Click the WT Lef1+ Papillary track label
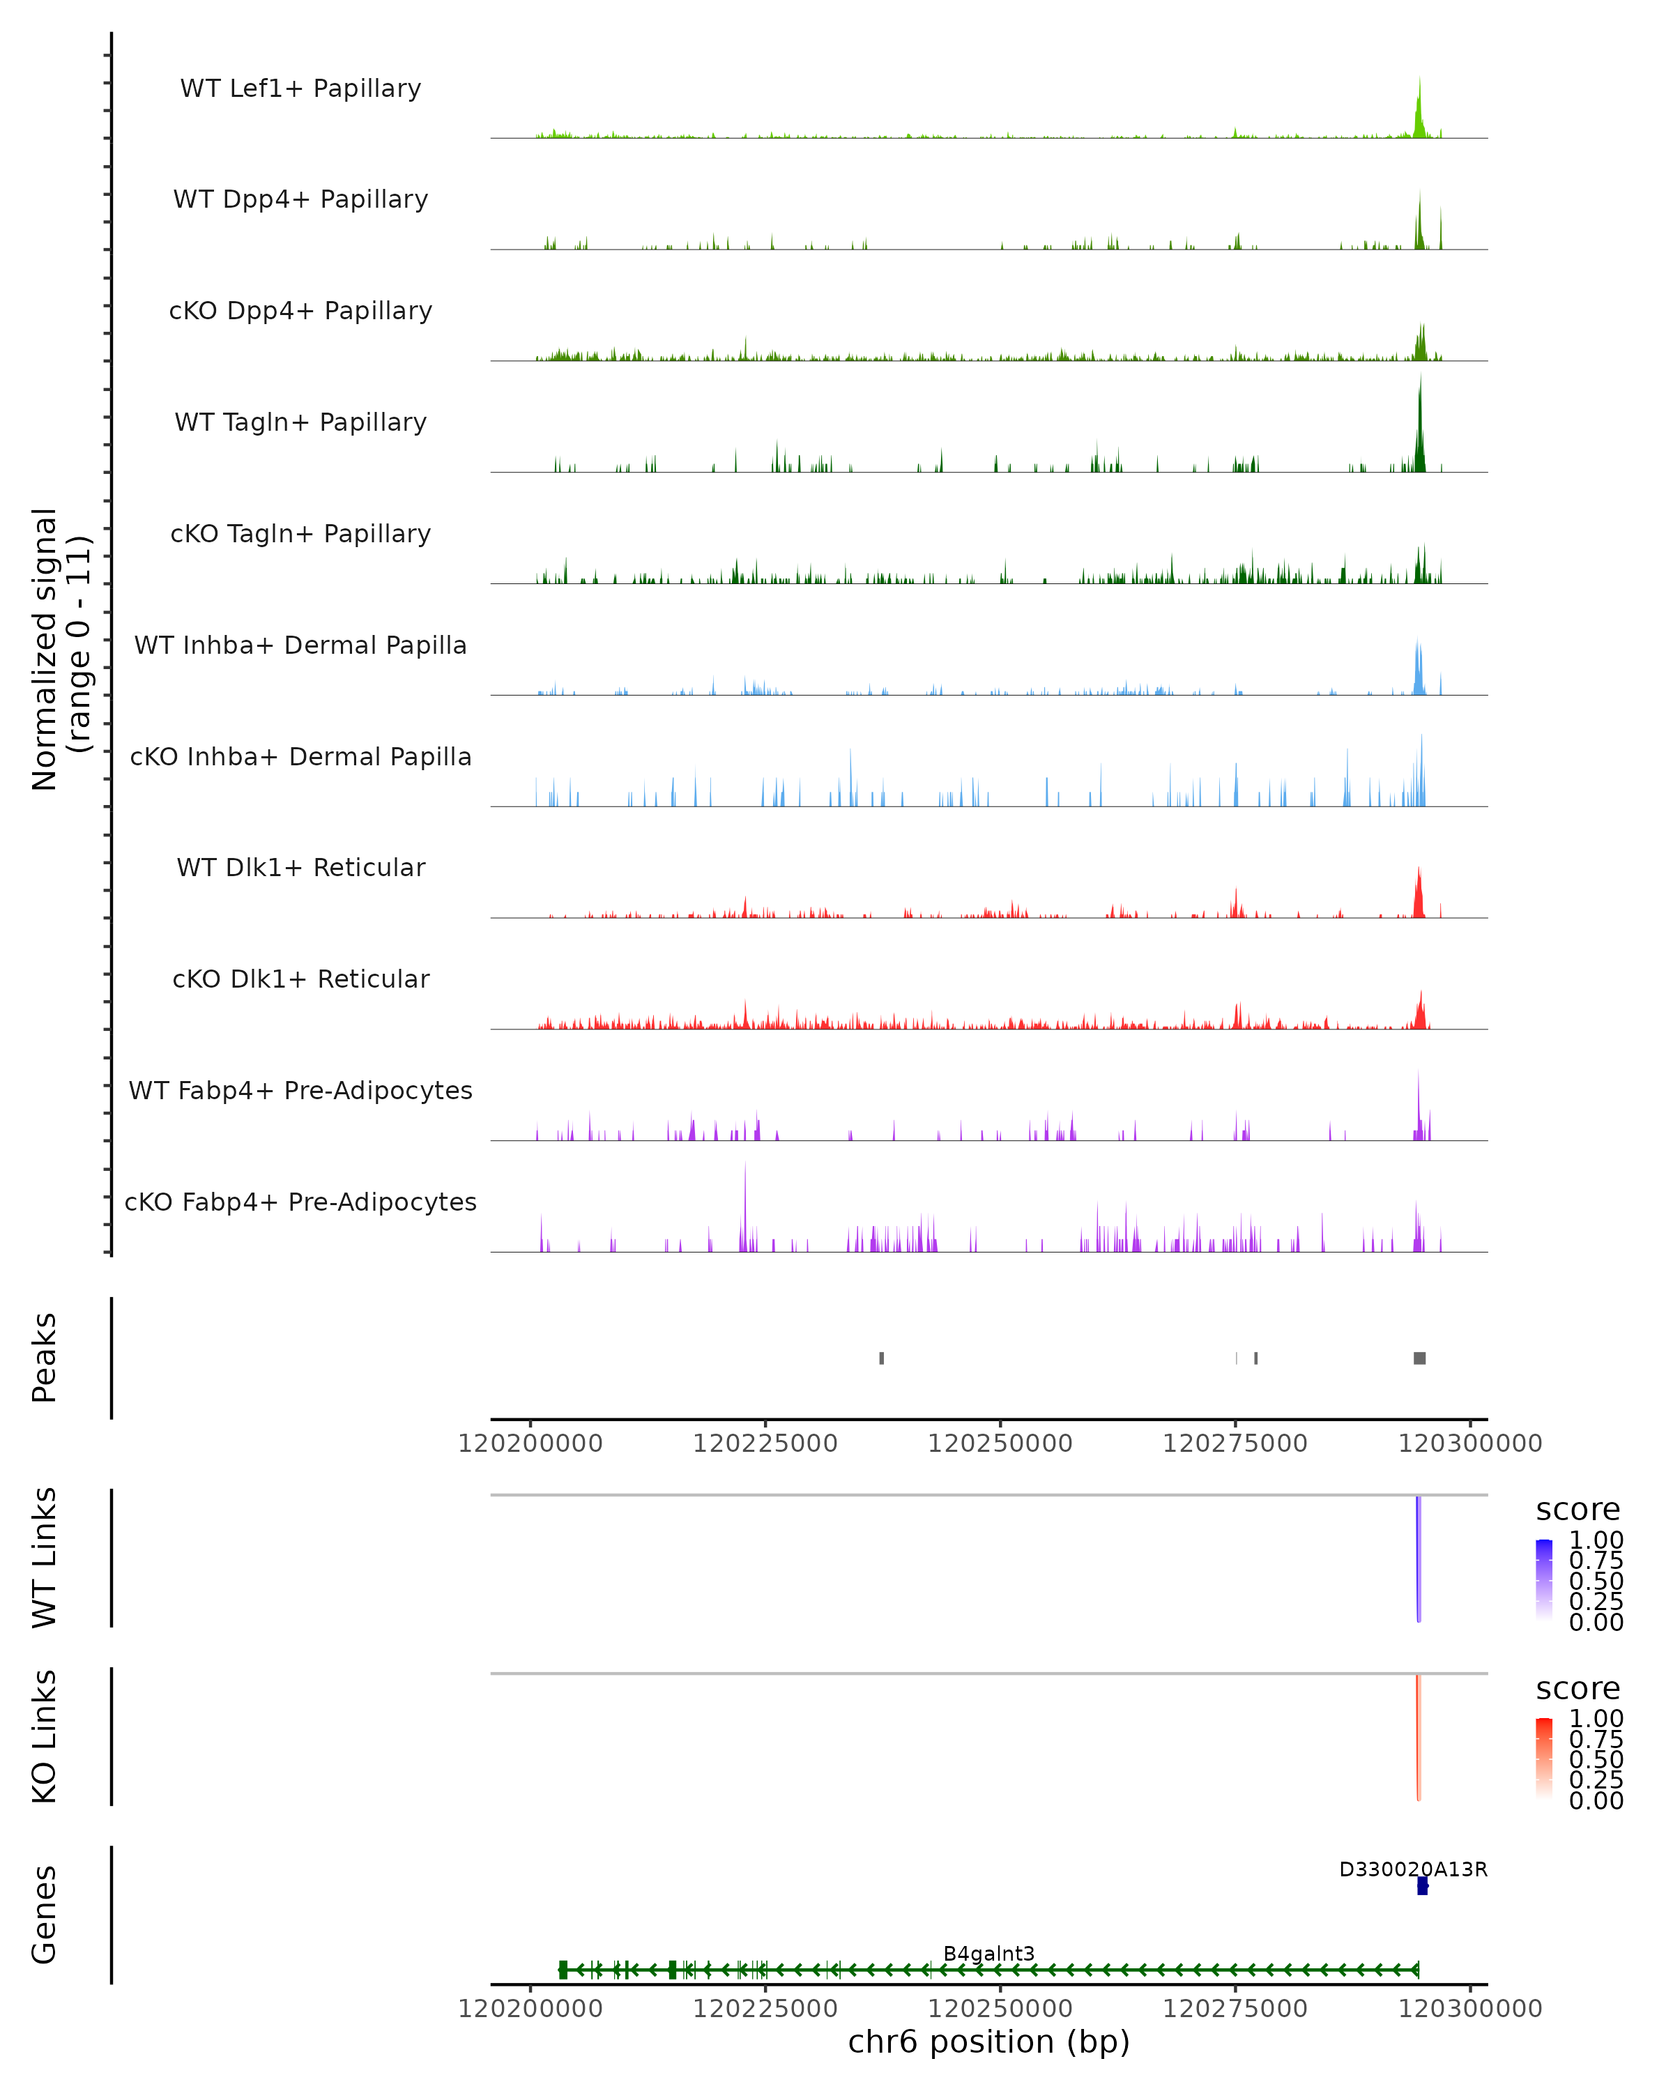(x=300, y=89)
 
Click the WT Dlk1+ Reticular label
(x=300, y=867)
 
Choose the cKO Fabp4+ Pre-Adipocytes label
(x=300, y=1202)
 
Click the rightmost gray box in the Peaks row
(x=1420, y=1358)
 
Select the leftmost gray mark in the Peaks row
(x=882, y=1358)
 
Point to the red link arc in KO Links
(x=1418, y=1736)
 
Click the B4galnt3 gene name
(x=988, y=1953)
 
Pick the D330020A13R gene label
(x=1413, y=1869)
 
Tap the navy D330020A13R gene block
(x=1422, y=1885)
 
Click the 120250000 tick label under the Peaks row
(x=1000, y=1443)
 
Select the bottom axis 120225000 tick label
(x=765, y=2009)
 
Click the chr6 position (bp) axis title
(x=988, y=2042)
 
